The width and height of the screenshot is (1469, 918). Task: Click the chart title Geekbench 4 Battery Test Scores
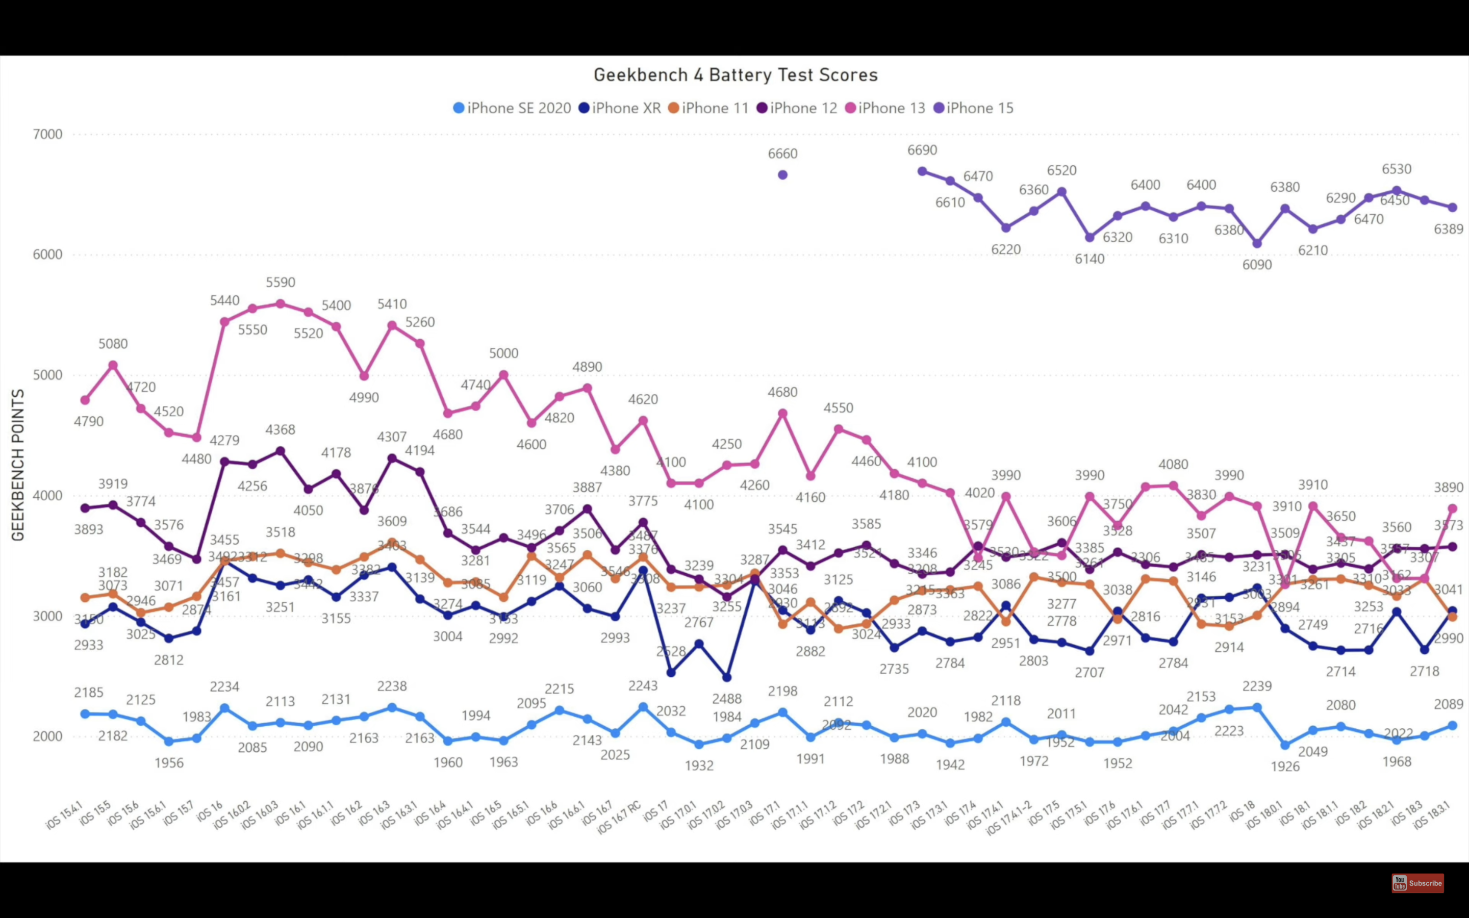point(735,74)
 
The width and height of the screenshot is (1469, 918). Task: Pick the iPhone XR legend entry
point(620,108)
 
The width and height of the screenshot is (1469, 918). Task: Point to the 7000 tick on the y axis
point(47,134)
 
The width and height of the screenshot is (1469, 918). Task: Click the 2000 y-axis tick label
point(47,736)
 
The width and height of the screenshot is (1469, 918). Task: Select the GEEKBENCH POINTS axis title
point(18,465)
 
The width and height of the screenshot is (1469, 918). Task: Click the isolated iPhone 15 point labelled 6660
point(782,175)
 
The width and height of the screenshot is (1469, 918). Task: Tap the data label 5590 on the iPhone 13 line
point(281,283)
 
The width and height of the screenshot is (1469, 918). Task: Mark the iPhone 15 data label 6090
point(1256,265)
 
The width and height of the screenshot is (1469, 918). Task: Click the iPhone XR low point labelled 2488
point(727,677)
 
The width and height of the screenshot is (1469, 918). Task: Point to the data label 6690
point(922,150)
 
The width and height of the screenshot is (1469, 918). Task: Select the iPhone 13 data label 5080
point(113,344)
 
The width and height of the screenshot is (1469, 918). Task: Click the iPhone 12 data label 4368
point(281,430)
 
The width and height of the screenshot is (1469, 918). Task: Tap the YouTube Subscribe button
point(1417,883)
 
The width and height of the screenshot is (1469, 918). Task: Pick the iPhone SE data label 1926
point(1285,766)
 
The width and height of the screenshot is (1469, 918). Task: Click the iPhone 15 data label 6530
point(1396,169)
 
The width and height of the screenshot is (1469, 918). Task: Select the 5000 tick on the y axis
point(47,375)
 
